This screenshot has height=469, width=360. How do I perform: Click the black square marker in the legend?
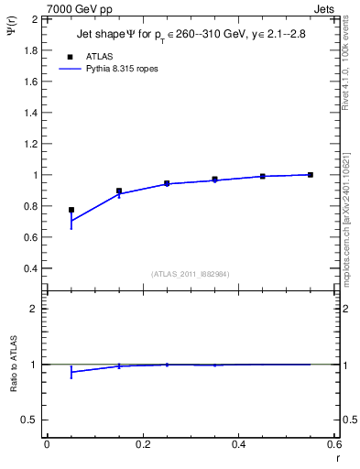[x=71, y=56]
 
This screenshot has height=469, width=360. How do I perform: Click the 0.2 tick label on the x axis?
[x=143, y=445]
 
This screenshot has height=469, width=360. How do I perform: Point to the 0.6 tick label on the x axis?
[x=333, y=445]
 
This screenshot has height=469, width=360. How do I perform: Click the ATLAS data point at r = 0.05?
[x=71, y=210]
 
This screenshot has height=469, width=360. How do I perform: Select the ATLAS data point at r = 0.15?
[x=119, y=191]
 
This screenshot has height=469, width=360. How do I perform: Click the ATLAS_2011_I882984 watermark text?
[x=191, y=274]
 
